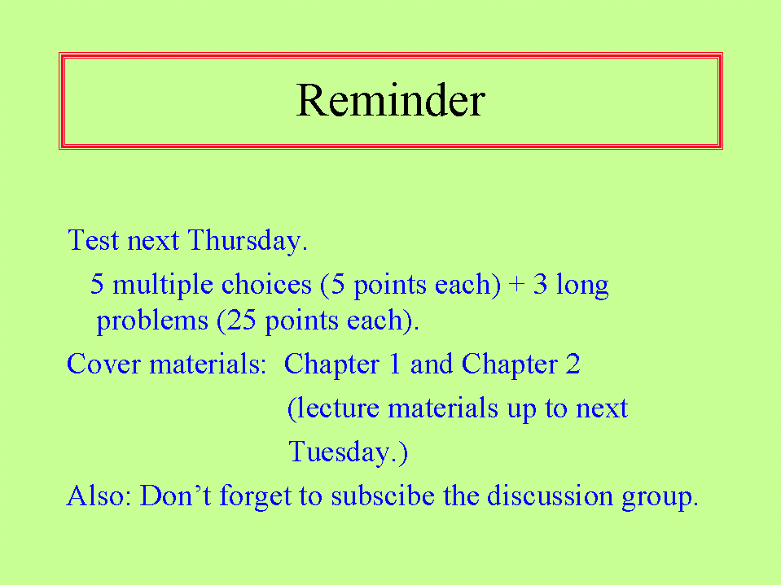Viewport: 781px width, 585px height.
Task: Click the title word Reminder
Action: (391, 100)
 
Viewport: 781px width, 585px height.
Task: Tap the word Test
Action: (93, 240)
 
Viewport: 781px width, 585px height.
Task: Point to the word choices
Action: (266, 284)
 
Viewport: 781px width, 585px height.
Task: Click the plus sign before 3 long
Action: (517, 285)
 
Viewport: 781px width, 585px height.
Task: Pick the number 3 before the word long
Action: (540, 284)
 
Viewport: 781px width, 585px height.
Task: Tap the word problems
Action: (152, 321)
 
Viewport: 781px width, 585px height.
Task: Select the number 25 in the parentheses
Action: (241, 320)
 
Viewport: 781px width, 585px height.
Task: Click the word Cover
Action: (103, 364)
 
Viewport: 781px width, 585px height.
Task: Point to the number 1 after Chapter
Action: (394, 364)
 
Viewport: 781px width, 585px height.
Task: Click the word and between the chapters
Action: (432, 364)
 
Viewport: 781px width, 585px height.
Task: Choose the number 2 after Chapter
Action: (573, 364)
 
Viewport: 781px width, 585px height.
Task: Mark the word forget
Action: (255, 497)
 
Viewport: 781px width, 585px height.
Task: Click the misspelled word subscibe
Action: (383, 496)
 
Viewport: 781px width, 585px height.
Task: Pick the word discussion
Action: (550, 496)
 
